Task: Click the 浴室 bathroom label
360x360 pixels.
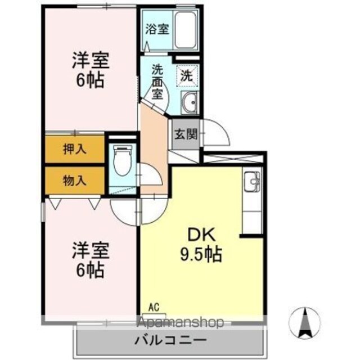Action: coord(157,29)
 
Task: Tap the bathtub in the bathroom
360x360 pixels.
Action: coord(186,30)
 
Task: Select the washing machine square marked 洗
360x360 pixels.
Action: coord(187,76)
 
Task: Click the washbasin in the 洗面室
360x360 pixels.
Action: coord(189,102)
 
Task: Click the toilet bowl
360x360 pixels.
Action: coord(123,160)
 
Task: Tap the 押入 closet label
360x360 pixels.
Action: coord(75,149)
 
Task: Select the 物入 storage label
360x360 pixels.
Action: coord(75,181)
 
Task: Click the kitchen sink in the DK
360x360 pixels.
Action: coord(252,181)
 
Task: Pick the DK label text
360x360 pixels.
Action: coord(201,235)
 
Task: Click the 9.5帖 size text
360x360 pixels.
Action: coord(201,254)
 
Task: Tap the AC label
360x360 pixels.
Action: coord(154,308)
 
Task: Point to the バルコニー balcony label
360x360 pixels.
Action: coord(170,340)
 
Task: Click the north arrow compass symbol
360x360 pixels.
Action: coord(304,323)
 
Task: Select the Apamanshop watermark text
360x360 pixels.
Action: coord(181,322)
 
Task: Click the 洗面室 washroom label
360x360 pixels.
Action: coord(157,82)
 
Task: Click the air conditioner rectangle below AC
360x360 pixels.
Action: coord(154,315)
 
